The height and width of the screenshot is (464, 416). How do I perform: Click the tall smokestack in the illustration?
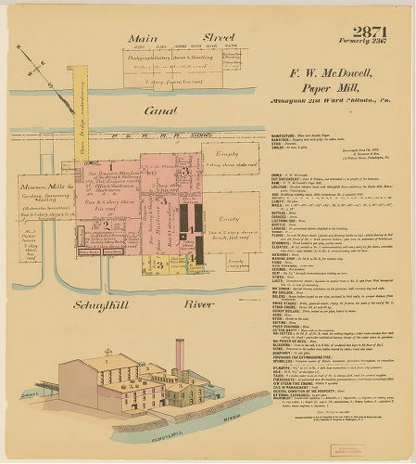[x=180, y=357]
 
